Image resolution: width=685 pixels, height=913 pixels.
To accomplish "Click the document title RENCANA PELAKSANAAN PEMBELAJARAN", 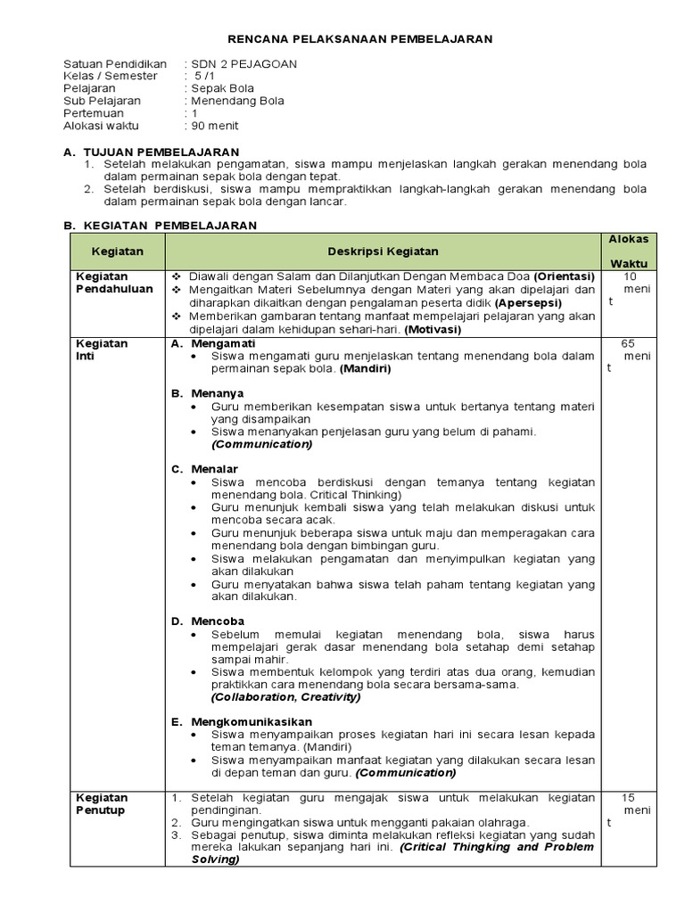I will [359, 39].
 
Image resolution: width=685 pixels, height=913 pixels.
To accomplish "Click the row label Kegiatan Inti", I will [101, 350].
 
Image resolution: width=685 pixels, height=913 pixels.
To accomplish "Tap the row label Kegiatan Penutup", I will [101, 803].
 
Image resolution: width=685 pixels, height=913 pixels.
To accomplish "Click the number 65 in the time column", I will [627, 343].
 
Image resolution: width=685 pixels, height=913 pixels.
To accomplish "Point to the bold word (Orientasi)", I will [565, 276].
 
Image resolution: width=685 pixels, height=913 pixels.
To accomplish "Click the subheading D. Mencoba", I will [207, 621].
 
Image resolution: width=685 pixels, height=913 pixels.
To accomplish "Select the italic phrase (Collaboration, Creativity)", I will [285, 697].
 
